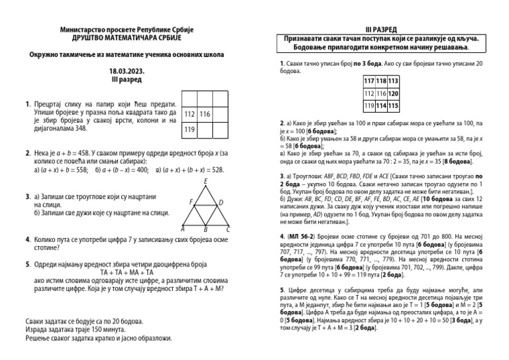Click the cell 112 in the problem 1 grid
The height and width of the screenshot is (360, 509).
(190, 115)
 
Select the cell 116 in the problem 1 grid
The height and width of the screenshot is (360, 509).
(205, 115)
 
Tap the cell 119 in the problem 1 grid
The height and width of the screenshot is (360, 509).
(190, 129)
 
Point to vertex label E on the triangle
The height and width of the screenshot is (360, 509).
(206, 181)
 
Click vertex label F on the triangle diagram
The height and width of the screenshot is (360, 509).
(191, 202)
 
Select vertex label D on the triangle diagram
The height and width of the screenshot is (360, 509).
(221, 202)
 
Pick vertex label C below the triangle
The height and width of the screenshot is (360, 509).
(228, 229)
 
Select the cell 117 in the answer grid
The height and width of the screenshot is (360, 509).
(370, 81)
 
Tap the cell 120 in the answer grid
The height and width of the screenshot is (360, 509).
(393, 93)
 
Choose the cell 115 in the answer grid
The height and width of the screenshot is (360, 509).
(393, 105)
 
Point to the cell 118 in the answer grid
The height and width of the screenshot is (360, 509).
(382, 81)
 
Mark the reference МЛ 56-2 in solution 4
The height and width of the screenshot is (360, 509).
(304, 235)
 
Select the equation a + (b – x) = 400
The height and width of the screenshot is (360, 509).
(121, 169)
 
